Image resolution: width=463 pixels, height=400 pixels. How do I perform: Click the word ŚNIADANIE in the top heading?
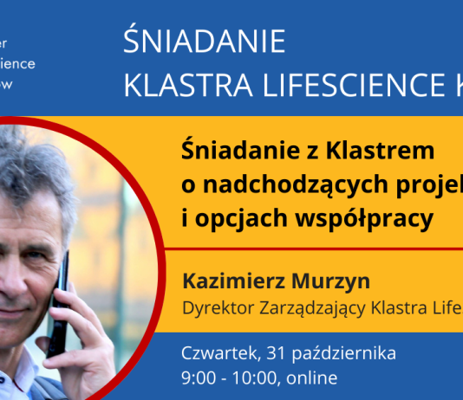(205, 42)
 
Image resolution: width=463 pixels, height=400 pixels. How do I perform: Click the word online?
(315, 378)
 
